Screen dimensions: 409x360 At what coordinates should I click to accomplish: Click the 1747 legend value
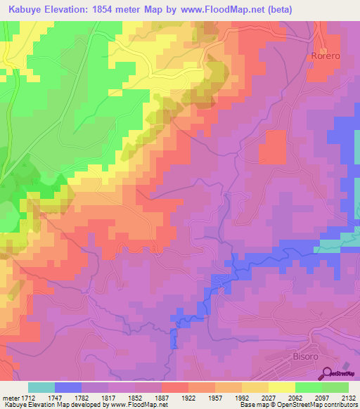[67, 398]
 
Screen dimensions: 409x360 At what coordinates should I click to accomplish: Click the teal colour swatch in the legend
[41, 387]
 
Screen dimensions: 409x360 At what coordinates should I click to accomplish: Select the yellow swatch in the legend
[281, 387]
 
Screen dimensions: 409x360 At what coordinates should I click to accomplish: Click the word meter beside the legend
[9, 398]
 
